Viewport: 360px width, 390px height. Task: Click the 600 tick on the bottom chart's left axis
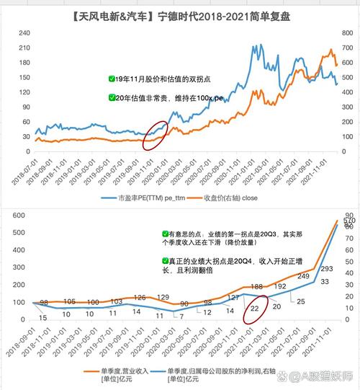pos(18,214)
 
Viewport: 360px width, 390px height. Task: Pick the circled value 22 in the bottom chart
pos(254,308)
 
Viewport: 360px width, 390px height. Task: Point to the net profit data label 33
pos(304,281)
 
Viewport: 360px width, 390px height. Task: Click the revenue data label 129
pos(163,297)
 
